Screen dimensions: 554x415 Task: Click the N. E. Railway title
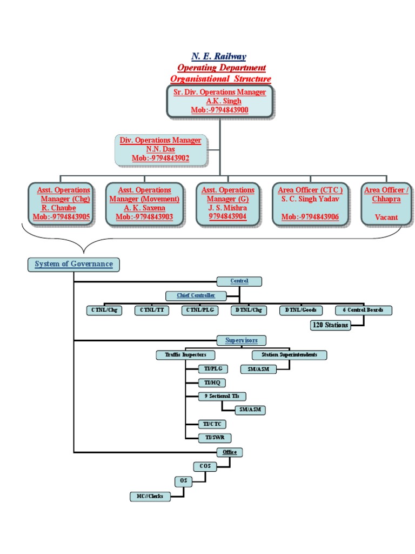click(x=219, y=56)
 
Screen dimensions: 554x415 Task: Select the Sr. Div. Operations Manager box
click(x=219, y=101)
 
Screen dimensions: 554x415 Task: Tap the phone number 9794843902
click(x=161, y=158)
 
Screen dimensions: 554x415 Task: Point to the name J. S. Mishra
click(x=227, y=208)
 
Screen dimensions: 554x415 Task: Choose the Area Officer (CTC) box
click(x=310, y=203)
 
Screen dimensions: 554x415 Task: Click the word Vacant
click(x=386, y=217)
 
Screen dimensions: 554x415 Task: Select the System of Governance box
click(x=73, y=264)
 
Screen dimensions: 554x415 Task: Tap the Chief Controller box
click(x=196, y=295)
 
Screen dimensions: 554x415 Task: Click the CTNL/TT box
click(x=152, y=311)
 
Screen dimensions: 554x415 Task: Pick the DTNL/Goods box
click(x=301, y=311)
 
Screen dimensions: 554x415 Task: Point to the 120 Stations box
click(x=330, y=325)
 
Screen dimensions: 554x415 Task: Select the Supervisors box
click(x=241, y=340)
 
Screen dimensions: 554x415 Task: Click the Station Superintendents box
click(x=289, y=355)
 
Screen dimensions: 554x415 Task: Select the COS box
click(x=205, y=466)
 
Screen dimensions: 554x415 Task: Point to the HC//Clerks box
click(x=150, y=497)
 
